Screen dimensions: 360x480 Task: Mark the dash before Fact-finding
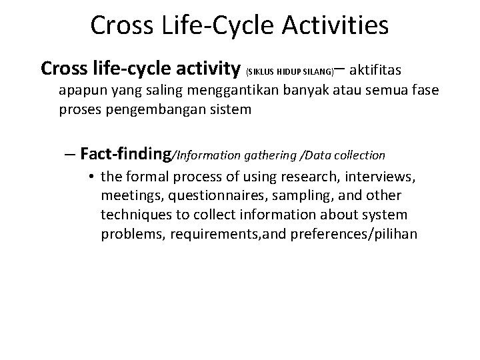(x=71, y=155)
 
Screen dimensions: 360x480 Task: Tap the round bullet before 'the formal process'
(x=90, y=178)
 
